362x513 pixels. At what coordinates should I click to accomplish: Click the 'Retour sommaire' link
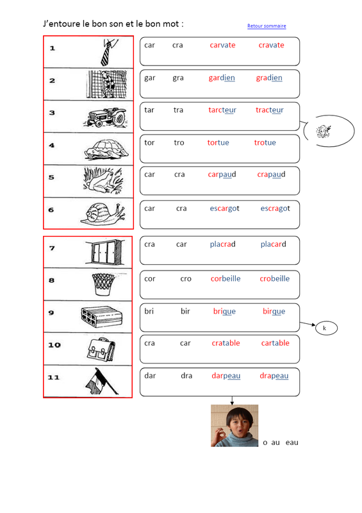pyautogui.click(x=267, y=26)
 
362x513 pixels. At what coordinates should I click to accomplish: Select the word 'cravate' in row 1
pyautogui.click(x=271, y=45)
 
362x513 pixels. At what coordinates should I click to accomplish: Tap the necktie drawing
pyautogui.click(x=109, y=52)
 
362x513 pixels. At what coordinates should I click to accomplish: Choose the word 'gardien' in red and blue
pyautogui.click(x=222, y=78)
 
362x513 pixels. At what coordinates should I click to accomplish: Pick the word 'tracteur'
pyautogui.click(x=270, y=110)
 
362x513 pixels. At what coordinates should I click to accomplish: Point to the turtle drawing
pyautogui.click(x=106, y=150)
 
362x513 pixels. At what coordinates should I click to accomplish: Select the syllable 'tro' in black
pyautogui.click(x=179, y=142)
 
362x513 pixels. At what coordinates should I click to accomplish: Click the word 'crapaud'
pyautogui.click(x=271, y=174)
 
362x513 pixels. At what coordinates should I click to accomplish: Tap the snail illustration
pyautogui.click(x=103, y=214)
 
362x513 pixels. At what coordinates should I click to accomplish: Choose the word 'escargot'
pyautogui.click(x=224, y=208)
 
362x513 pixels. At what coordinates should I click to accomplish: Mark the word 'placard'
pyautogui.click(x=273, y=244)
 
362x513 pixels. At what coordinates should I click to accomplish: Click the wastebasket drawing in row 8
pyautogui.click(x=103, y=284)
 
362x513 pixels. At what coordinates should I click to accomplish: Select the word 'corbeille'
pyautogui.click(x=226, y=278)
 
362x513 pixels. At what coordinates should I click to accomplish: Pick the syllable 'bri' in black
pyautogui.click(x=149, y=311)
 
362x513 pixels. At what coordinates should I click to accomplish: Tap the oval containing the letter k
pyautogui.click(x=326, y=328)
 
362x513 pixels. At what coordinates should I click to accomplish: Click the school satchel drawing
pyautogui.click(x=101, y=349)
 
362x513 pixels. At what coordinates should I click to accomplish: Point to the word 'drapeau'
pyautogui.click(x=274, y=376)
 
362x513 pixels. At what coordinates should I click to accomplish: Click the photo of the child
pyautogui.click(x=234, y=426)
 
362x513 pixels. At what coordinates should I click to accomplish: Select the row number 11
pyautogui.click(x=54, y=377)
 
